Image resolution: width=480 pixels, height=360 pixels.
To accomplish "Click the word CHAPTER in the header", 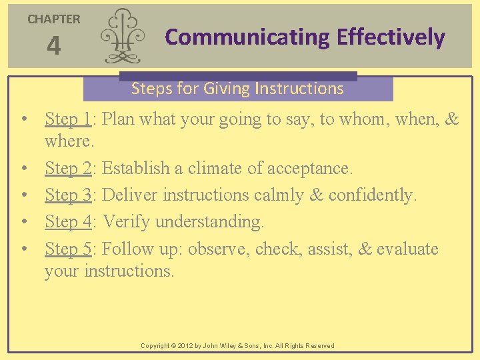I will point(53,19).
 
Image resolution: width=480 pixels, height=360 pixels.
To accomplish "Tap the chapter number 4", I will point(53,46).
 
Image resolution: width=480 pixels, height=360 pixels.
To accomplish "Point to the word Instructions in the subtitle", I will point(303,89).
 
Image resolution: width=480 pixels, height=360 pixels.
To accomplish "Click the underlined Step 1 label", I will point(68,119).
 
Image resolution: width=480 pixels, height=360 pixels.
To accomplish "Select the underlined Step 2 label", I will point(68,169).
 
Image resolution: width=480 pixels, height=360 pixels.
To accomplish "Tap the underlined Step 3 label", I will point(68,195).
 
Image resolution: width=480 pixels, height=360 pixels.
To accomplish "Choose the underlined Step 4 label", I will point(68,221).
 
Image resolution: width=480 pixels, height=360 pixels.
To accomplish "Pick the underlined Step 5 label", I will point(68,249).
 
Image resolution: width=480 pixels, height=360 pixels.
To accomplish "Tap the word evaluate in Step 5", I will point(407,249).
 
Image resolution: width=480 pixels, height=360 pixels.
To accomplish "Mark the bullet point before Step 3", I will point(23,195).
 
